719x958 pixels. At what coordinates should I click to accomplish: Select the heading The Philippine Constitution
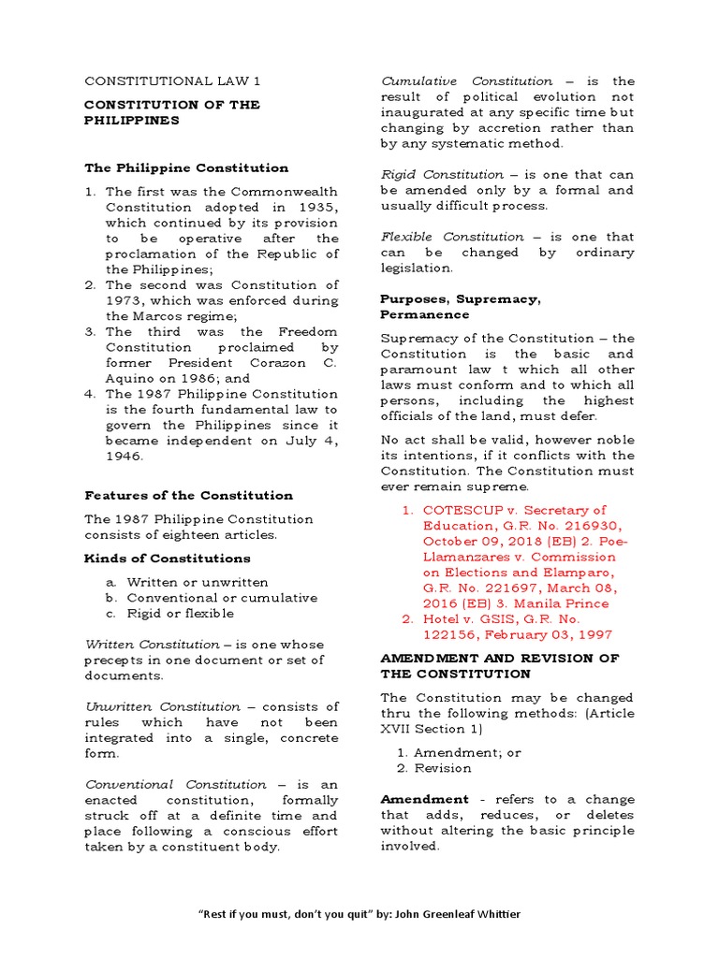(x=186, y=168)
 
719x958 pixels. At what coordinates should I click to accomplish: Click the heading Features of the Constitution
(x=188, y=496)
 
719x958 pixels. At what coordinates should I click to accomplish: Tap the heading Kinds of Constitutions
(x=168, y=559)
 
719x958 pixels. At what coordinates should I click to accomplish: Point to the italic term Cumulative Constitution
(x=466, y=81)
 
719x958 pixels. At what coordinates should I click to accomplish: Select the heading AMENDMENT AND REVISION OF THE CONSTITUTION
(x=499, y=666)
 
